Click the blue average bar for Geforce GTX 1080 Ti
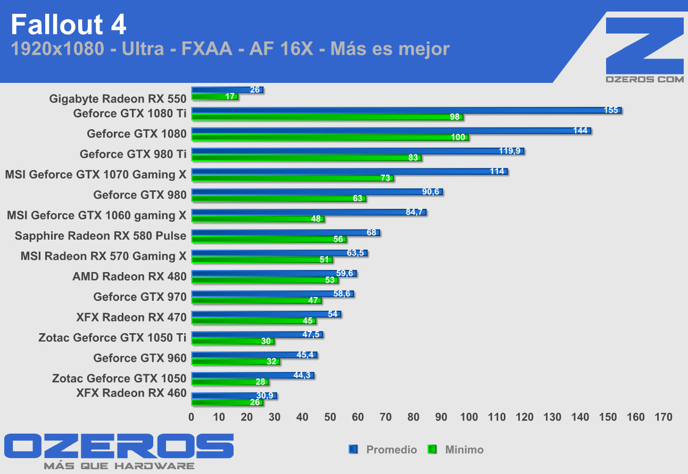pyautogui.click(x=404, y=111)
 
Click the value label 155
pyautogui.click(x=611, y=110)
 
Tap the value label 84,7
pyautogui.click(x=414, y=212)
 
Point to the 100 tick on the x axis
pyautogui.click(x=469, y=417)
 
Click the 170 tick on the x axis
pyautogui.click(x=663, y=417)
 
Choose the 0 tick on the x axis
pyautogui.click(x=192, y=417)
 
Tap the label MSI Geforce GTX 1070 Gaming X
pyautogui.click(x=96, y=174)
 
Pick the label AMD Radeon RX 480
pyautogui.click(x=129, y=276)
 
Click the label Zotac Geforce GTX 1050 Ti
pyautogui.click(x=112, y=337)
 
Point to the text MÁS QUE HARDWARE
pyautogui.click(x=119, y=465)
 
